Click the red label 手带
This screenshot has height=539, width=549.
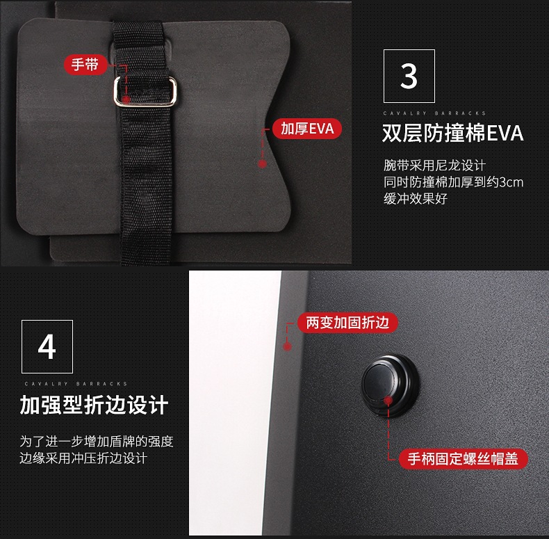[85, 65]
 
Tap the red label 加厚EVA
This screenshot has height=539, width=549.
[307, 129]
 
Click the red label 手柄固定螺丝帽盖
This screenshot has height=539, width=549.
[463, 459]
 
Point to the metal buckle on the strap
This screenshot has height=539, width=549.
[145, 90]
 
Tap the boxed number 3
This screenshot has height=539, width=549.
[409, 77]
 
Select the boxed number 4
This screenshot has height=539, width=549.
[47, 346]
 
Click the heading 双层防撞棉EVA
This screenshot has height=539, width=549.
[452, 133]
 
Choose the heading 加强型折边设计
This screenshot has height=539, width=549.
[94, 405]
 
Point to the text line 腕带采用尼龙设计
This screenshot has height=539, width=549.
[434, 166]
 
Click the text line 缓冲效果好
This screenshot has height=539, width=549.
[416, 199]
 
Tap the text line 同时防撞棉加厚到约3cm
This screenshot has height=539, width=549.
[453, 182]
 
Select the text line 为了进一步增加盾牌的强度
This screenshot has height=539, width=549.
[97, 442]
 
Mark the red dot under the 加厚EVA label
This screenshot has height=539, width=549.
[262, 164]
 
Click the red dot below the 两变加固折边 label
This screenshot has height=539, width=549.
[287, 343]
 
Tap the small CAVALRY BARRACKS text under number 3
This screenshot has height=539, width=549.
[434, 113]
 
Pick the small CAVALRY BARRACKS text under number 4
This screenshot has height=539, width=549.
[76, 383]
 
